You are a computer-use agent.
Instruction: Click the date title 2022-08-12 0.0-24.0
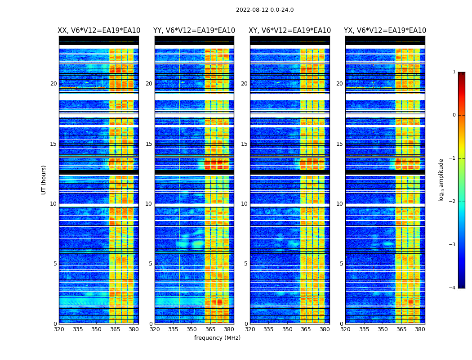point(265,10)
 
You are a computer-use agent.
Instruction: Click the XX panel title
point(99,31)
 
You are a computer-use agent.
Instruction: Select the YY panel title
point(194,31)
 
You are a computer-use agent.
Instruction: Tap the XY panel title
point(290,31)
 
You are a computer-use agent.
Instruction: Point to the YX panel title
point(385,31)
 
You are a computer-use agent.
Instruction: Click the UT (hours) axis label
point(44,180)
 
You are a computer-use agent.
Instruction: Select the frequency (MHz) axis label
point(217,338)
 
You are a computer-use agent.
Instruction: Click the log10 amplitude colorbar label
point(441,180)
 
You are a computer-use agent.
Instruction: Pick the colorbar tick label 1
point(454,72)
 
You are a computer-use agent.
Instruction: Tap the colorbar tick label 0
point(454,115)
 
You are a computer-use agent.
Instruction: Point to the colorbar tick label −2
point(453,202)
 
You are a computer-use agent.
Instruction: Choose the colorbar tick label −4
point(453,288)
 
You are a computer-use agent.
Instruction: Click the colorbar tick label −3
point(453,245)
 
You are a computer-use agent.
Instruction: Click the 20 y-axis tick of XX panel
point(53,84)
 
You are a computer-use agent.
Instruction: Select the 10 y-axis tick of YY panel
point(148,204)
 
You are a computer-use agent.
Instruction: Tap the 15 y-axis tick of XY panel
point(244,144)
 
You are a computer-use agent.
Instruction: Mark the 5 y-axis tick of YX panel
point(341,264)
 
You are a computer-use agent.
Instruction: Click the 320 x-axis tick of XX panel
point(59,329)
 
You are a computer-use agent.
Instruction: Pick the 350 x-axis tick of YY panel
point(192,329)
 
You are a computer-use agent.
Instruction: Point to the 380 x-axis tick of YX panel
point(420,329)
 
